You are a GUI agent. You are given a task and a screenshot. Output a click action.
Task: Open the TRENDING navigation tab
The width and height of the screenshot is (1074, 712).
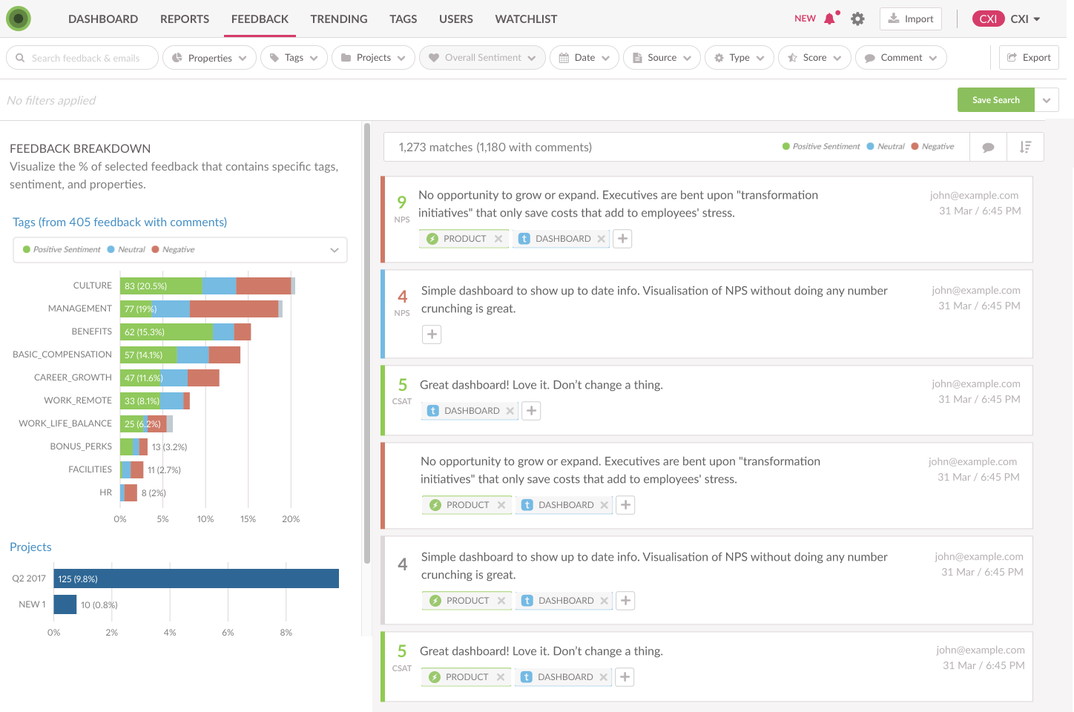(338, 19)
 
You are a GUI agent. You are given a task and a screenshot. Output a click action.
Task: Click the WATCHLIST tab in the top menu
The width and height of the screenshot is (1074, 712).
(526, 19)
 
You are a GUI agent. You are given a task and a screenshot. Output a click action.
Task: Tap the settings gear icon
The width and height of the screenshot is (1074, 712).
(857, 19)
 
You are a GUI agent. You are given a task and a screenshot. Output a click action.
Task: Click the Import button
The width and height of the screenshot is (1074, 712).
(911, 19)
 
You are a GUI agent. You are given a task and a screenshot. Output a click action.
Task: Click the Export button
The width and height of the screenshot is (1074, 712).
(1029, 58)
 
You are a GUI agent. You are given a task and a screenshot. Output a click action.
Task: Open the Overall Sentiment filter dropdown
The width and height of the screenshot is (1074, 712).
(482, 58)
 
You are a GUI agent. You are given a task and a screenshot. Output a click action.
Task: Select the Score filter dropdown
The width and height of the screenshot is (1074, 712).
(814, 58)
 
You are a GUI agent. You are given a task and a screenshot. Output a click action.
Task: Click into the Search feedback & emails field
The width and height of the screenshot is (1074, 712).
(82, 58)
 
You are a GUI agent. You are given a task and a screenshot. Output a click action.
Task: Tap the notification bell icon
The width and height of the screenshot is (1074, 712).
(831, 19)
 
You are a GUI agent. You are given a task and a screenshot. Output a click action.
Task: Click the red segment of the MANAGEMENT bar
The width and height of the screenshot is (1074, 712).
(234, 309)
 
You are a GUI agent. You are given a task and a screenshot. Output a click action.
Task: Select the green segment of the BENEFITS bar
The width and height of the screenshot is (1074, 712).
(166, 332)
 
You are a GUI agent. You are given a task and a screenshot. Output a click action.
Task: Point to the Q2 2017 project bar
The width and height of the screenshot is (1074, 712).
(196, 578)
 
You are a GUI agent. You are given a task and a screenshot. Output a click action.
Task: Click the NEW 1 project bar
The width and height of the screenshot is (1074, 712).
(65, 604)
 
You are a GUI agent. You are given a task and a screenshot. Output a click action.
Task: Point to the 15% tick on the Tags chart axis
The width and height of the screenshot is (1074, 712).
(248, 518)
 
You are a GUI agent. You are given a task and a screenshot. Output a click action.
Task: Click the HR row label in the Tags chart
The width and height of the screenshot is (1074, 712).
(105, 492)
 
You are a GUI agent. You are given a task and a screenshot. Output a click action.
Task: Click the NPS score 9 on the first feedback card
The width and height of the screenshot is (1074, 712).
(402, 202)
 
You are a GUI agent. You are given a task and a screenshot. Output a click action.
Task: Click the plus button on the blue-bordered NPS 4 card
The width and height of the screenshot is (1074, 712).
(432, 334)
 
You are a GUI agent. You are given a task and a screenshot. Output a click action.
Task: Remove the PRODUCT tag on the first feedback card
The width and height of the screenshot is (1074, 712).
(498, 239)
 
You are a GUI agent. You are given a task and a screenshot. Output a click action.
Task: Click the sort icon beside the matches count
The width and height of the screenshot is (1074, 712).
(1025, 147)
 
